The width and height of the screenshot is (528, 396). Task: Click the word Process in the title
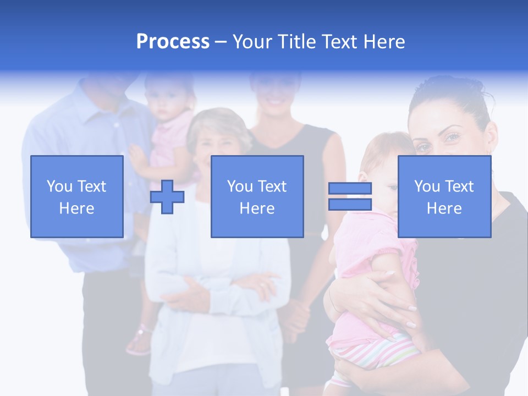(173, 42)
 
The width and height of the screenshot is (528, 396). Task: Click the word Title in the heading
(296, 42)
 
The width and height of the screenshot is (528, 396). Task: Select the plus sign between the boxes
(167, 197)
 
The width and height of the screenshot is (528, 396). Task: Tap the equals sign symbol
(350, 197)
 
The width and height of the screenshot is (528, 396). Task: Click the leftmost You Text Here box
(76, 196)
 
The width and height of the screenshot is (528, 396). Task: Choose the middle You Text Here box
(257, 196)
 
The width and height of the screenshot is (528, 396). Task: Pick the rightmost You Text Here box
(444, 196)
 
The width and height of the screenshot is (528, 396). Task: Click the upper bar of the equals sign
(350, 189)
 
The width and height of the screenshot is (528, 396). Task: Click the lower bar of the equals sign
(350, 205)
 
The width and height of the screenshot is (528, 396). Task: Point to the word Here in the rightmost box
(444, 208)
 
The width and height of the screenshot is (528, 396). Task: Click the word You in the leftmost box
(58, 186)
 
